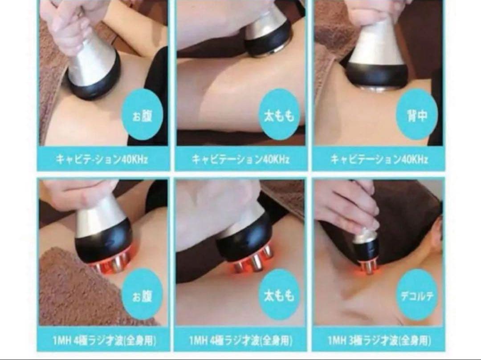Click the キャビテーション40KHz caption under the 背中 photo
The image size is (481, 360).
(x=379, y=158)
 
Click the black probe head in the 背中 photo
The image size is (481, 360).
(x=377, y=75)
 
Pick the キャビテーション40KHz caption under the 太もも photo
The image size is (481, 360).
(x=240, y=158)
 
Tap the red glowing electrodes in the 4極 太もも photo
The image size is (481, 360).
(x=254, y=264)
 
